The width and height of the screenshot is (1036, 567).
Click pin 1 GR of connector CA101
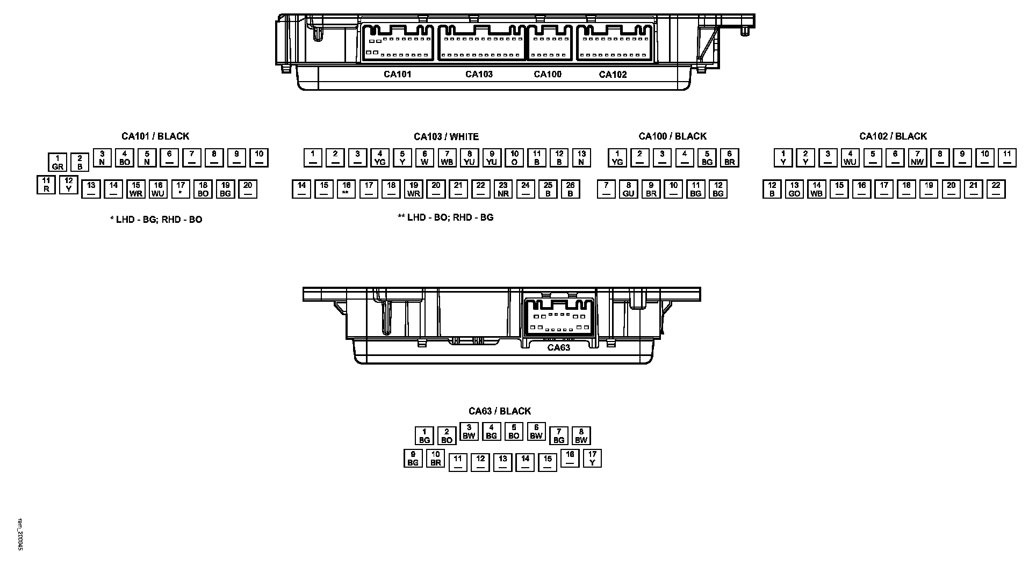point(57,163)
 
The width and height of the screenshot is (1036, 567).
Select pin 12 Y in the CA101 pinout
point(69,185)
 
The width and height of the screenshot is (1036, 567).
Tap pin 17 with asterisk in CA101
point(181,189)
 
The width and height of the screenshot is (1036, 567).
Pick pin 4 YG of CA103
point(380,158)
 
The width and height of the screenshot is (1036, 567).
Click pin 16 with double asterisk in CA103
point(347,189)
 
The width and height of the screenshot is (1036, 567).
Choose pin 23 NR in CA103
point(503,189)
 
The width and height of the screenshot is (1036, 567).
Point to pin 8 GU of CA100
point(629,189)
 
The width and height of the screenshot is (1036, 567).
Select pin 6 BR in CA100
point(730,158)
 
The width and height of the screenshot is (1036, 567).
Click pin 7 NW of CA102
point(918,158)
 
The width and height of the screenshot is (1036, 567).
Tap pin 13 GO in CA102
point(795,189)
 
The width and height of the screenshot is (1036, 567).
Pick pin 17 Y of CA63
point(592,458)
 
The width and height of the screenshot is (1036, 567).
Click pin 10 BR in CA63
point(436,458)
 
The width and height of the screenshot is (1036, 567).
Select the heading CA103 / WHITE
point(446,137)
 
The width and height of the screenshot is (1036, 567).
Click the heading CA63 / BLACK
point(500,411)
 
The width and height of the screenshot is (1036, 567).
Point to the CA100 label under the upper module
point(548,75)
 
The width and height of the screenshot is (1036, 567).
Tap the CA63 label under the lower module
point(559,347)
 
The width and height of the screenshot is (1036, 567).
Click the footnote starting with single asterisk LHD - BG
point(156,220)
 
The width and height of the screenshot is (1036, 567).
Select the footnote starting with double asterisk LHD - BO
point(445,217)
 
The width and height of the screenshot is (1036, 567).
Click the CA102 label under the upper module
point(613,75)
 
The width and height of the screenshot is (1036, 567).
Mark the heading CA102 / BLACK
point(893,136)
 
